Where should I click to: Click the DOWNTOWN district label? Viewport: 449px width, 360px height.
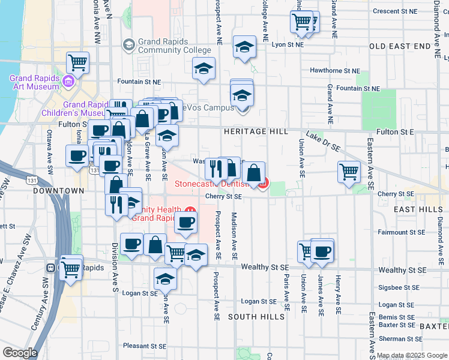pos(58,191)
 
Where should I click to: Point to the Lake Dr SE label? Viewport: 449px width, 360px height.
pos(323,142)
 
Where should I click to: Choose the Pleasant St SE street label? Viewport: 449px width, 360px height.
pos(144,346)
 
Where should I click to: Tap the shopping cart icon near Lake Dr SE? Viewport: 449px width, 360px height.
pos(349,172)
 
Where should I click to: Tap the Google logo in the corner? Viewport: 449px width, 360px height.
pos(19,353)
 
